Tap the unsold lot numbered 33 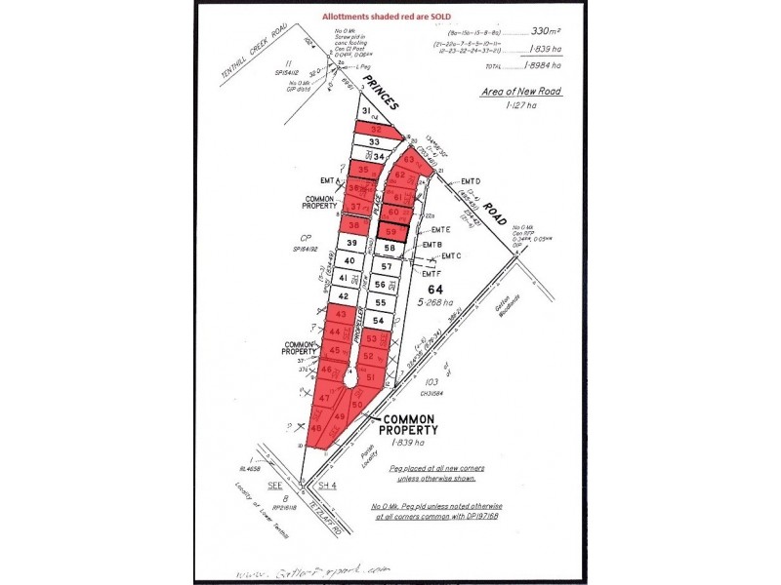point(374,142)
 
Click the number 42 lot point(344,295)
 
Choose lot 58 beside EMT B point(390,249)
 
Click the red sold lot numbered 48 point(316,428)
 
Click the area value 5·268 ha point(434,301)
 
